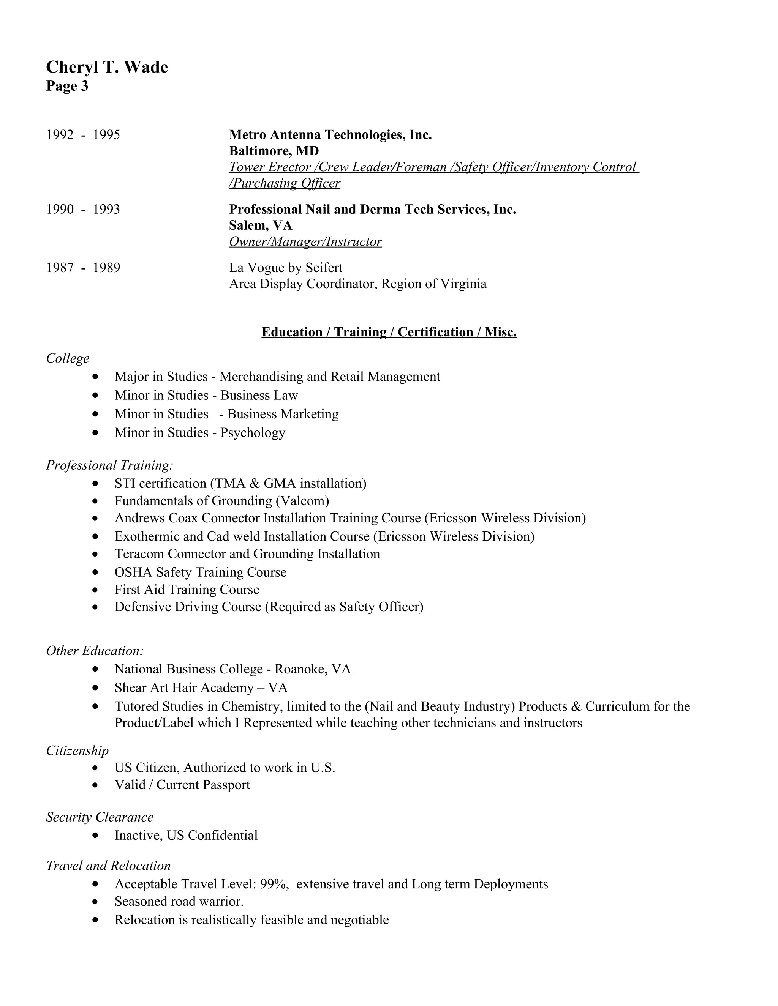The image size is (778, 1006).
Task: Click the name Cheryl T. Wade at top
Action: pos(107,67)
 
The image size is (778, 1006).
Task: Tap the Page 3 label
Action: pos(67,86)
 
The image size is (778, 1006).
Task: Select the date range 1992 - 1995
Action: pos(83,135)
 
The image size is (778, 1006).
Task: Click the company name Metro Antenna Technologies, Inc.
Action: pos(330,135)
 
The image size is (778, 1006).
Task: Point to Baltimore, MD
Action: pos(274,151)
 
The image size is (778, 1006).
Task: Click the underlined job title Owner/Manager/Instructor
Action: pos(305,242)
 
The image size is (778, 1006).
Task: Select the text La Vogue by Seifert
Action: pos(285,268)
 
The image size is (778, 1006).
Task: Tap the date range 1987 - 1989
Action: pos(83,268)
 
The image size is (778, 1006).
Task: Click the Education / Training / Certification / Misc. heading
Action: pos(389,332)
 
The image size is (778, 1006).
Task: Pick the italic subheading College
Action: pos(68,358)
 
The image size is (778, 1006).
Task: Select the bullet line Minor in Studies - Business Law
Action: pos(206,395)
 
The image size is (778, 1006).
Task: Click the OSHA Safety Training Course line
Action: pos(200,572)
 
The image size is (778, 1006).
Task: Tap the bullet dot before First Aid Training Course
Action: pos(95,590)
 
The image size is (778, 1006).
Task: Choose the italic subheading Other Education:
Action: pos(95,651)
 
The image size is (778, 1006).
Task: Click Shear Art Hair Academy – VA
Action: pos(201,688)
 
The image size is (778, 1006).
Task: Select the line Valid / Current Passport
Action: pos(182,785)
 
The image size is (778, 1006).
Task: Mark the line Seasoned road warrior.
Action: pos(179,902)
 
